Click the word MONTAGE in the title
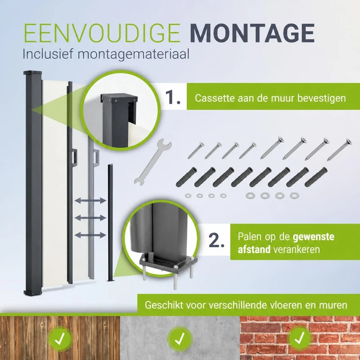point(252,33)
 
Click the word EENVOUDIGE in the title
point(102,33)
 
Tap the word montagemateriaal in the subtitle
point(133,55)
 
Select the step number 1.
point(173,97)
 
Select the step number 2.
point(216,240)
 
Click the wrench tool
point(153,161)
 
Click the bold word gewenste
point(313,237)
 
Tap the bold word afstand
point(254,250)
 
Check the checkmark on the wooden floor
point(60,338)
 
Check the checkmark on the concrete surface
point(180,339)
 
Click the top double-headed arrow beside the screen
point(90,201)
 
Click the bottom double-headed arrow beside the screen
point(90,235)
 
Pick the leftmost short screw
point(196,150)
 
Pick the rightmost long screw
point(339,150)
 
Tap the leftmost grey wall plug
point(186,177)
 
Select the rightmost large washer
point(294,196)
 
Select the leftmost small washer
point(188,196)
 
